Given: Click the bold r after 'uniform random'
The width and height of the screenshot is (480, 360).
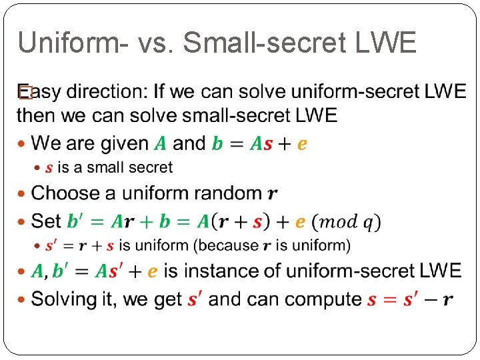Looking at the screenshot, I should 273,194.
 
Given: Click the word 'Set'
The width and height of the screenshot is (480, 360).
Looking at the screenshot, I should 47,221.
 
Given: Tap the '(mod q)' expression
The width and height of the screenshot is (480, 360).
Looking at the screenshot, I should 347,221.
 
